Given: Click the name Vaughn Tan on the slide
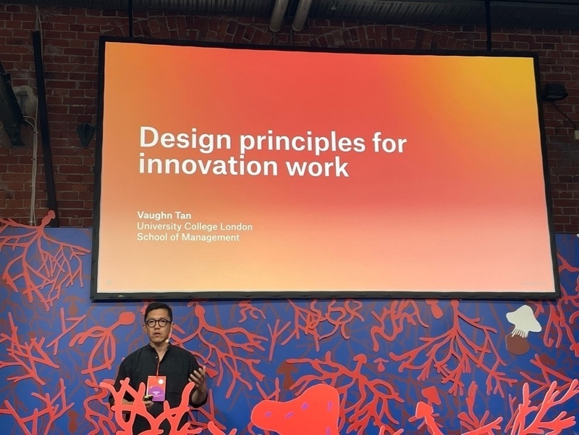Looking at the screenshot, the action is coord(164,215).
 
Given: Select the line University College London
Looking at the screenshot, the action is coord(195,226).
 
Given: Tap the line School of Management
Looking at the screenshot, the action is coord(188,237).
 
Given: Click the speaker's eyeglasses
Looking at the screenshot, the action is coord(158,323).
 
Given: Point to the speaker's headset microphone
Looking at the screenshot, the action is coord(168,337).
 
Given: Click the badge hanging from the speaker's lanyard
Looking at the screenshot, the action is coord(156,388).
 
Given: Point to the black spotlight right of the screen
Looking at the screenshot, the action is coord(555,92).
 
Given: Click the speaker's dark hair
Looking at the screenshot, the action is coord(158,310).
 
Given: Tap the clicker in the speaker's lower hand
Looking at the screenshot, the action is coord(148,397).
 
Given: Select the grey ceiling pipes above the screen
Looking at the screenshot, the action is coord(291,14).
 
